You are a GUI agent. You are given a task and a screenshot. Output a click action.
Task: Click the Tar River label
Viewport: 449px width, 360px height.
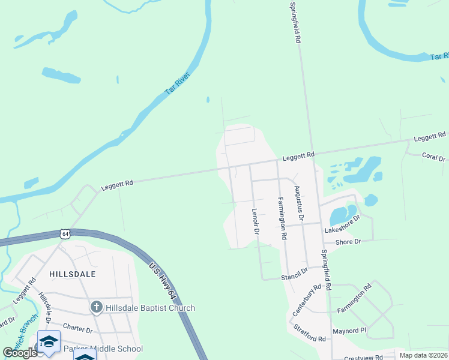click(x=176, y=86)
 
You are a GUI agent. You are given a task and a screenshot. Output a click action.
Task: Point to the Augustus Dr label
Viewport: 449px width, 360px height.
click(x=299, y=203)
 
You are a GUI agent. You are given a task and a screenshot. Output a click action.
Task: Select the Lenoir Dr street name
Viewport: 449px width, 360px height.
click(x=255, y=221)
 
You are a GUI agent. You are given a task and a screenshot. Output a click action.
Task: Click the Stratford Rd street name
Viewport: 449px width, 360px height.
click(x=310, y=334)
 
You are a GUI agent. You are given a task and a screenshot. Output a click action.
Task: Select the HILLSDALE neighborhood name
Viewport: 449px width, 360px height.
click(x=74, y=274)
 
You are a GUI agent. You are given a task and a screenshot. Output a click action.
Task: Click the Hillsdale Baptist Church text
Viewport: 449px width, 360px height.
click(x=150, y=308)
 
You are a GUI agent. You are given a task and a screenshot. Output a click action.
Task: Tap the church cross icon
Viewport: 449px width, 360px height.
click(x=96, y=308)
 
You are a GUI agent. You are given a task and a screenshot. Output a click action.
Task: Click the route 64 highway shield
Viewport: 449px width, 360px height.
click(x=65, y=233)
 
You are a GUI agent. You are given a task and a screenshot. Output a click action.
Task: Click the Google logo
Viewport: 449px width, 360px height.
click(x=20, y=353)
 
